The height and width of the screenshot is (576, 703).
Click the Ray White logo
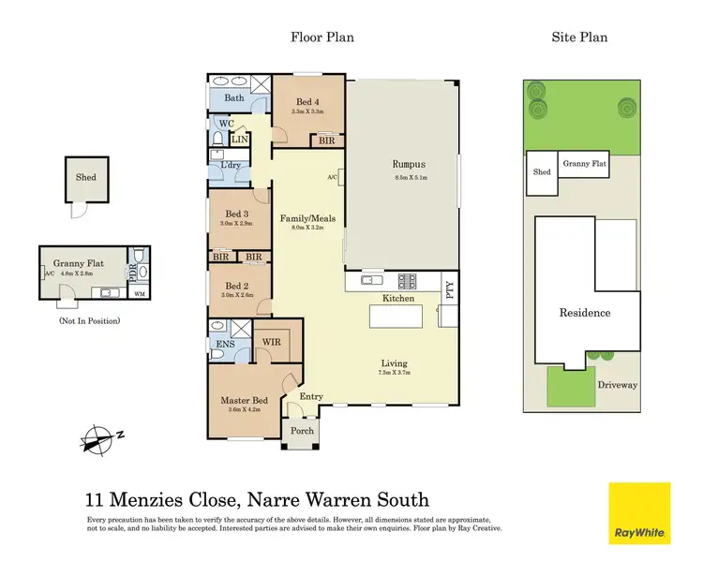[640, 513]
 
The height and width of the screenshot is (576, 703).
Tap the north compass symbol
[97, 437]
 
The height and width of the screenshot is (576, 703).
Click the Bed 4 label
[307, 101]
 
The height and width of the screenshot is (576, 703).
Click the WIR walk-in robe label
[272, 342]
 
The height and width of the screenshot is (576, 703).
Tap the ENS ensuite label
[225, 344]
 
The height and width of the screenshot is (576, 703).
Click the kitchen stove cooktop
[409, 278]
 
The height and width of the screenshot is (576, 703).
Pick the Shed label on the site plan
[542, 172]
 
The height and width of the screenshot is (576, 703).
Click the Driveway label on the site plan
[618, 384]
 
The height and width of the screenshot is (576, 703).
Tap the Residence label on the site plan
[584, 313]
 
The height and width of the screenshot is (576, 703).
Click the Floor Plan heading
[322, 37]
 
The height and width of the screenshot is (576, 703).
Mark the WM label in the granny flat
[141, 295]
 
